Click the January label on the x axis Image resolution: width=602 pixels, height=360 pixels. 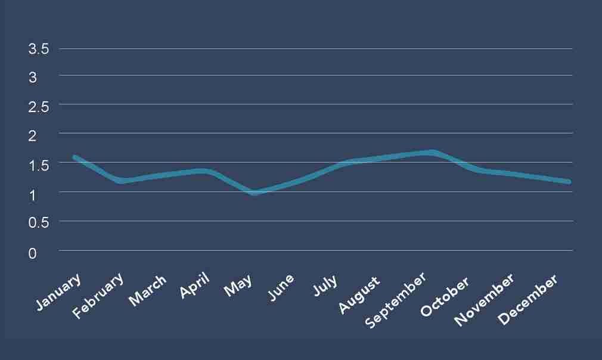[58, 292]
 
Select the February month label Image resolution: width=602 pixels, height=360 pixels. [99, 296]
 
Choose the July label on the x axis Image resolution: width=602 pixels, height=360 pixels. [325, 285]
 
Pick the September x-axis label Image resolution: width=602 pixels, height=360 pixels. [396, 302]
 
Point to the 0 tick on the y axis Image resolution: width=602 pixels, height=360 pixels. [32, 253]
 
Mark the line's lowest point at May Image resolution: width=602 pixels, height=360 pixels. [255, 193]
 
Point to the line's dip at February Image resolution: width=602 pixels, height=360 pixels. [121, 180]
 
